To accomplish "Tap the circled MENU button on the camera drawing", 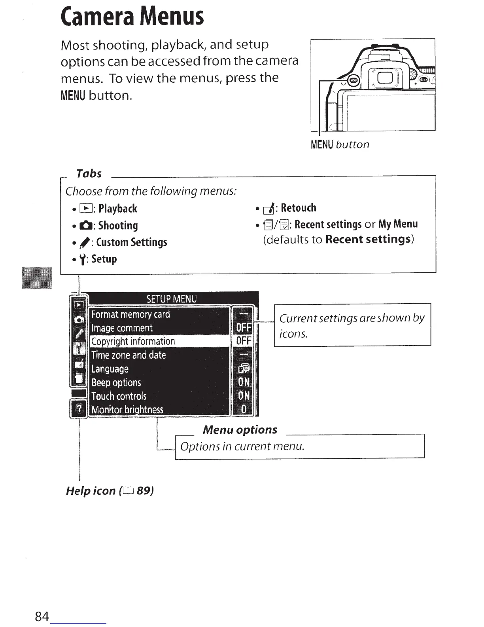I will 354,81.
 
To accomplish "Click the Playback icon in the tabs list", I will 85,209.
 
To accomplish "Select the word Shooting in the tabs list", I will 118,226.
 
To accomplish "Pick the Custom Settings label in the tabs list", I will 131,242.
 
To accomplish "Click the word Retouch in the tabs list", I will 299,208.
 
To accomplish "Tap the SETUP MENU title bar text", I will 171,298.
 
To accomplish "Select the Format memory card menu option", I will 130,314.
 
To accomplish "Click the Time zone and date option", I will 129,355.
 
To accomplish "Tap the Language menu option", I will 110,369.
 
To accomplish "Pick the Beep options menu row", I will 116,383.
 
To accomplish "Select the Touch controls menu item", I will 119,396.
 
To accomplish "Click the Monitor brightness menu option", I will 127,410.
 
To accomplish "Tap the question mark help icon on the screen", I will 79,408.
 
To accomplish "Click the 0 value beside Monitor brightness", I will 244,409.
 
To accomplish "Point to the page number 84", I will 42,616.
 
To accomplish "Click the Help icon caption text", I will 110,491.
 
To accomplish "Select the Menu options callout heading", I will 240,429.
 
